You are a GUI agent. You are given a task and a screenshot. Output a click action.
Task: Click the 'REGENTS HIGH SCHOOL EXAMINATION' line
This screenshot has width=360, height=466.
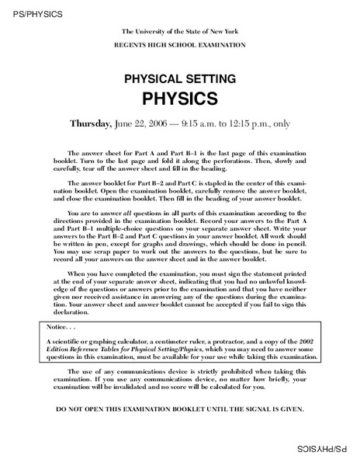(179, 44)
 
